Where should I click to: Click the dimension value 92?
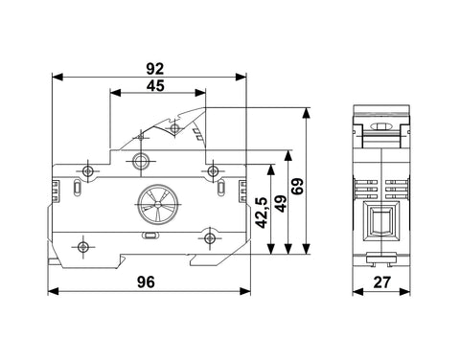[x=155, y=69]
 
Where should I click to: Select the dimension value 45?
[x=155, y=85]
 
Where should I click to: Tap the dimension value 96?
[x=146, y=282]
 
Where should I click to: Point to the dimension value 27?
[x=382, y=282]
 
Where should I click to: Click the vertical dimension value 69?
[x=297, y=186]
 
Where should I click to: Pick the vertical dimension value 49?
[x=281, y=203]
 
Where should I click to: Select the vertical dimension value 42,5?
[x=262, y=213]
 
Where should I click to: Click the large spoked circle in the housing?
[x=157, y=204]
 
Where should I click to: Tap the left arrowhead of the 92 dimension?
[x=57, y=77]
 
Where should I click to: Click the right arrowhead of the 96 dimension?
[x=245, y=291]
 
